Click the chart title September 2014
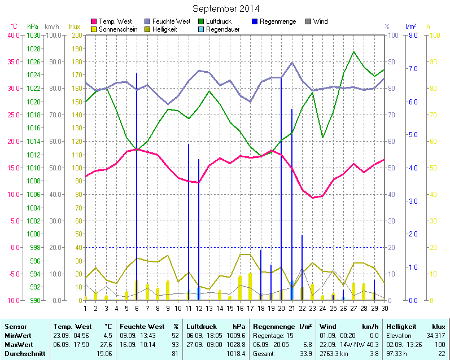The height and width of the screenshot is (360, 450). [x=226, y=9]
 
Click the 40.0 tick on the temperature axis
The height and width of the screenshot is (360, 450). [x=13, y=35]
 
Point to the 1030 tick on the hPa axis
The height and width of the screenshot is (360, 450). [x=34, y=35]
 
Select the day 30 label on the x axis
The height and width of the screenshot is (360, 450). [x=385, y=308]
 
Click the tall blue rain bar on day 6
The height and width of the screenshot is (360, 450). [x=137, y=169]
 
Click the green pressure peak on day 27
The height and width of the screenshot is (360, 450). [x=354, y=52]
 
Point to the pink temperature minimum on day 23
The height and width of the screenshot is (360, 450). [x=312, y=197]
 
